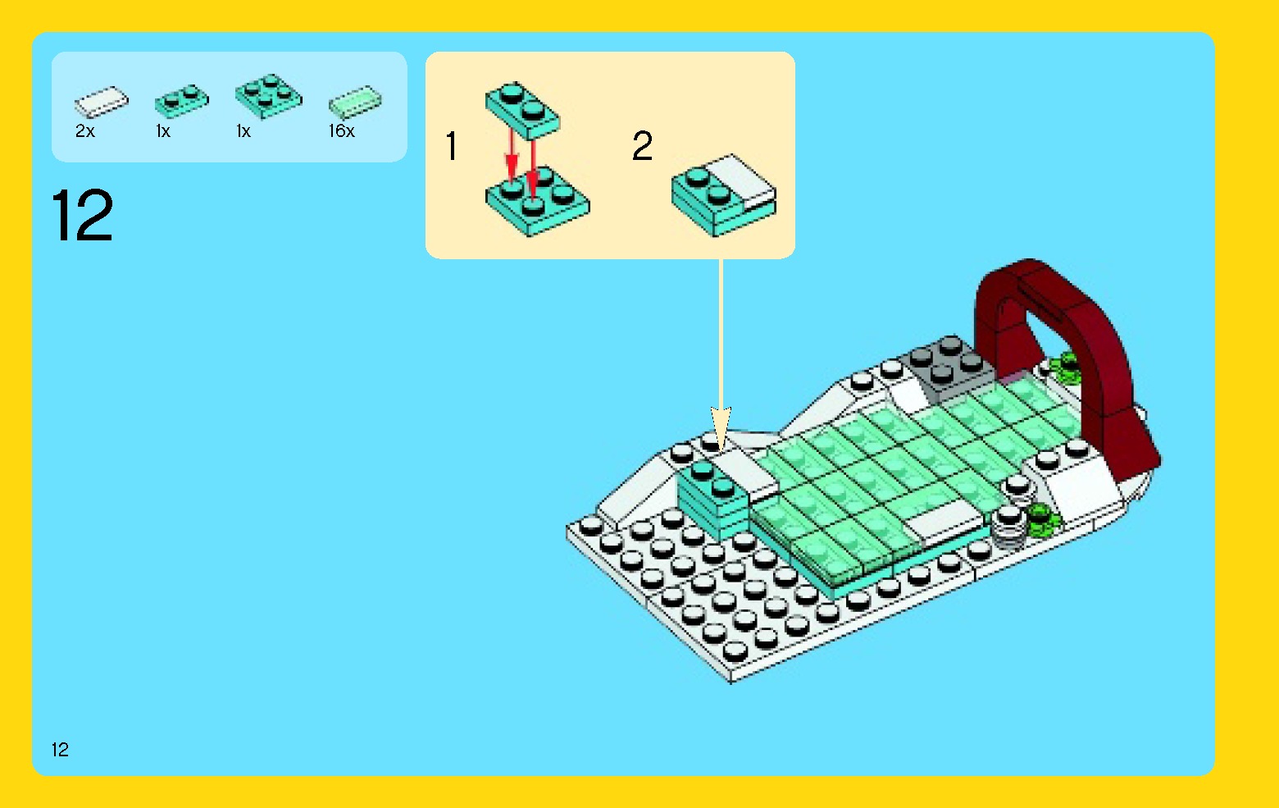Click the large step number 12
[82, 216]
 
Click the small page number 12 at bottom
[60, 749]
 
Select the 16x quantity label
[341, 131]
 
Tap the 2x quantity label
[85, 131]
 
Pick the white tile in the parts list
[101, 102]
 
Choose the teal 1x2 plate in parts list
[181, 101]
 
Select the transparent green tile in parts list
[355, 102]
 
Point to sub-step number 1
[451, 147]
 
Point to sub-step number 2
[642, 147]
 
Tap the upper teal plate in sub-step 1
[522, 110]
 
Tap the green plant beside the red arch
[1066, 367]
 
